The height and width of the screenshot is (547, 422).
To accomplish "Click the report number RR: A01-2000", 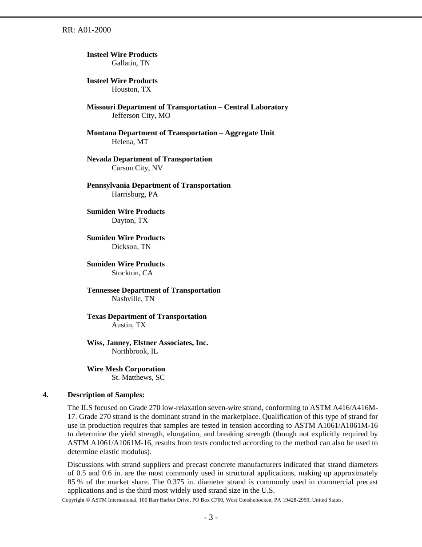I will point(86,30).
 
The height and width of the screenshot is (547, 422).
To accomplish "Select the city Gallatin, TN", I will point(131,63).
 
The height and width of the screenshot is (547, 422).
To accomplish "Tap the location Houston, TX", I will point(131,89).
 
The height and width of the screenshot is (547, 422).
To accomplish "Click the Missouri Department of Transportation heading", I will point(187,107).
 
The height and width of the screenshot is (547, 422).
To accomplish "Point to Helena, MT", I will point(130,142).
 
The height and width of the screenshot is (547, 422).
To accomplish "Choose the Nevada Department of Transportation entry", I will point(149,159).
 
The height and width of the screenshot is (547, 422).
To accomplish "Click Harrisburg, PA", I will point(135,194).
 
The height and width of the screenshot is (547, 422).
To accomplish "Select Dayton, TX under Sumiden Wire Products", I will point(129,221).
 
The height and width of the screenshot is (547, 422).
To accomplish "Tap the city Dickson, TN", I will point(131,247).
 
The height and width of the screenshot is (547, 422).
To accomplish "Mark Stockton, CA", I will point(132,273).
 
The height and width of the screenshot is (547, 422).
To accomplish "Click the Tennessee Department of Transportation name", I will point(153,290).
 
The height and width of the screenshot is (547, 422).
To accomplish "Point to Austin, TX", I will point(128,325).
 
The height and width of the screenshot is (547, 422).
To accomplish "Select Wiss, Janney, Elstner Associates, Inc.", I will point(147,343).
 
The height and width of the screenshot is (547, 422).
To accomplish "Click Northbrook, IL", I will point(135,351).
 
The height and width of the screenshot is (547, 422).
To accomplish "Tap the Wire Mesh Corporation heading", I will point(126,369).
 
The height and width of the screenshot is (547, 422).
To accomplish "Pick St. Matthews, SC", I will point(138,378).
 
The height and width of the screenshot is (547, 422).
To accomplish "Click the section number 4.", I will point(45,395).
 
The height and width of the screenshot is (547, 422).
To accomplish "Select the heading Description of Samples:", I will point(106,395).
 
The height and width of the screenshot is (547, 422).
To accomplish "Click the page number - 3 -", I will point(211,517).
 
